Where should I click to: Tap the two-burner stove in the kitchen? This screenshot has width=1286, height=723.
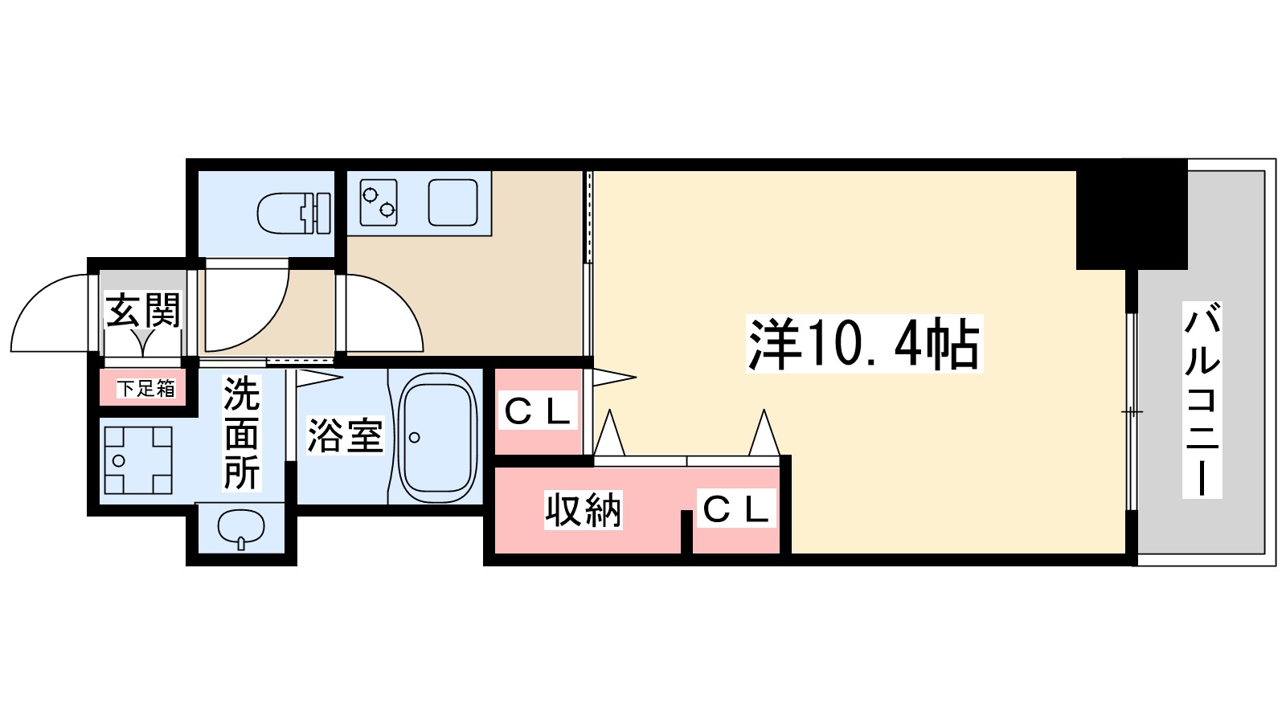pos(379,202)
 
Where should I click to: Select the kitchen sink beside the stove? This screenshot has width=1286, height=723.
pos(453,202)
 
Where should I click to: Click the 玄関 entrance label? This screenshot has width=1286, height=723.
pos(143,311)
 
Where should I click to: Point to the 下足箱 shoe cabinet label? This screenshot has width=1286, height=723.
pos(145,389)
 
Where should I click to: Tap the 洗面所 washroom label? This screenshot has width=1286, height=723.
pos(241,434)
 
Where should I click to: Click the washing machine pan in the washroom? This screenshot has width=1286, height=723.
pos(137,460)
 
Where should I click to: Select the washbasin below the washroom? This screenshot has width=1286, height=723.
pos(241,529)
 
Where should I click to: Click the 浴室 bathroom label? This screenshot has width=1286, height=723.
pos(345,435)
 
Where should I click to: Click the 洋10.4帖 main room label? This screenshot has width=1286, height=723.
pos(864,344)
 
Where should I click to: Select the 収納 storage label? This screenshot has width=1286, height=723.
pos(583,510)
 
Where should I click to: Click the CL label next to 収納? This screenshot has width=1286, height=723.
pos(735,509)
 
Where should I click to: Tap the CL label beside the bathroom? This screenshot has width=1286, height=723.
pos(537,412)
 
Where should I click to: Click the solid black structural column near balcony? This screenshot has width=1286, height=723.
pos(1132,214)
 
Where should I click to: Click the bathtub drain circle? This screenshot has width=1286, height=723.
pos(414,438)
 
